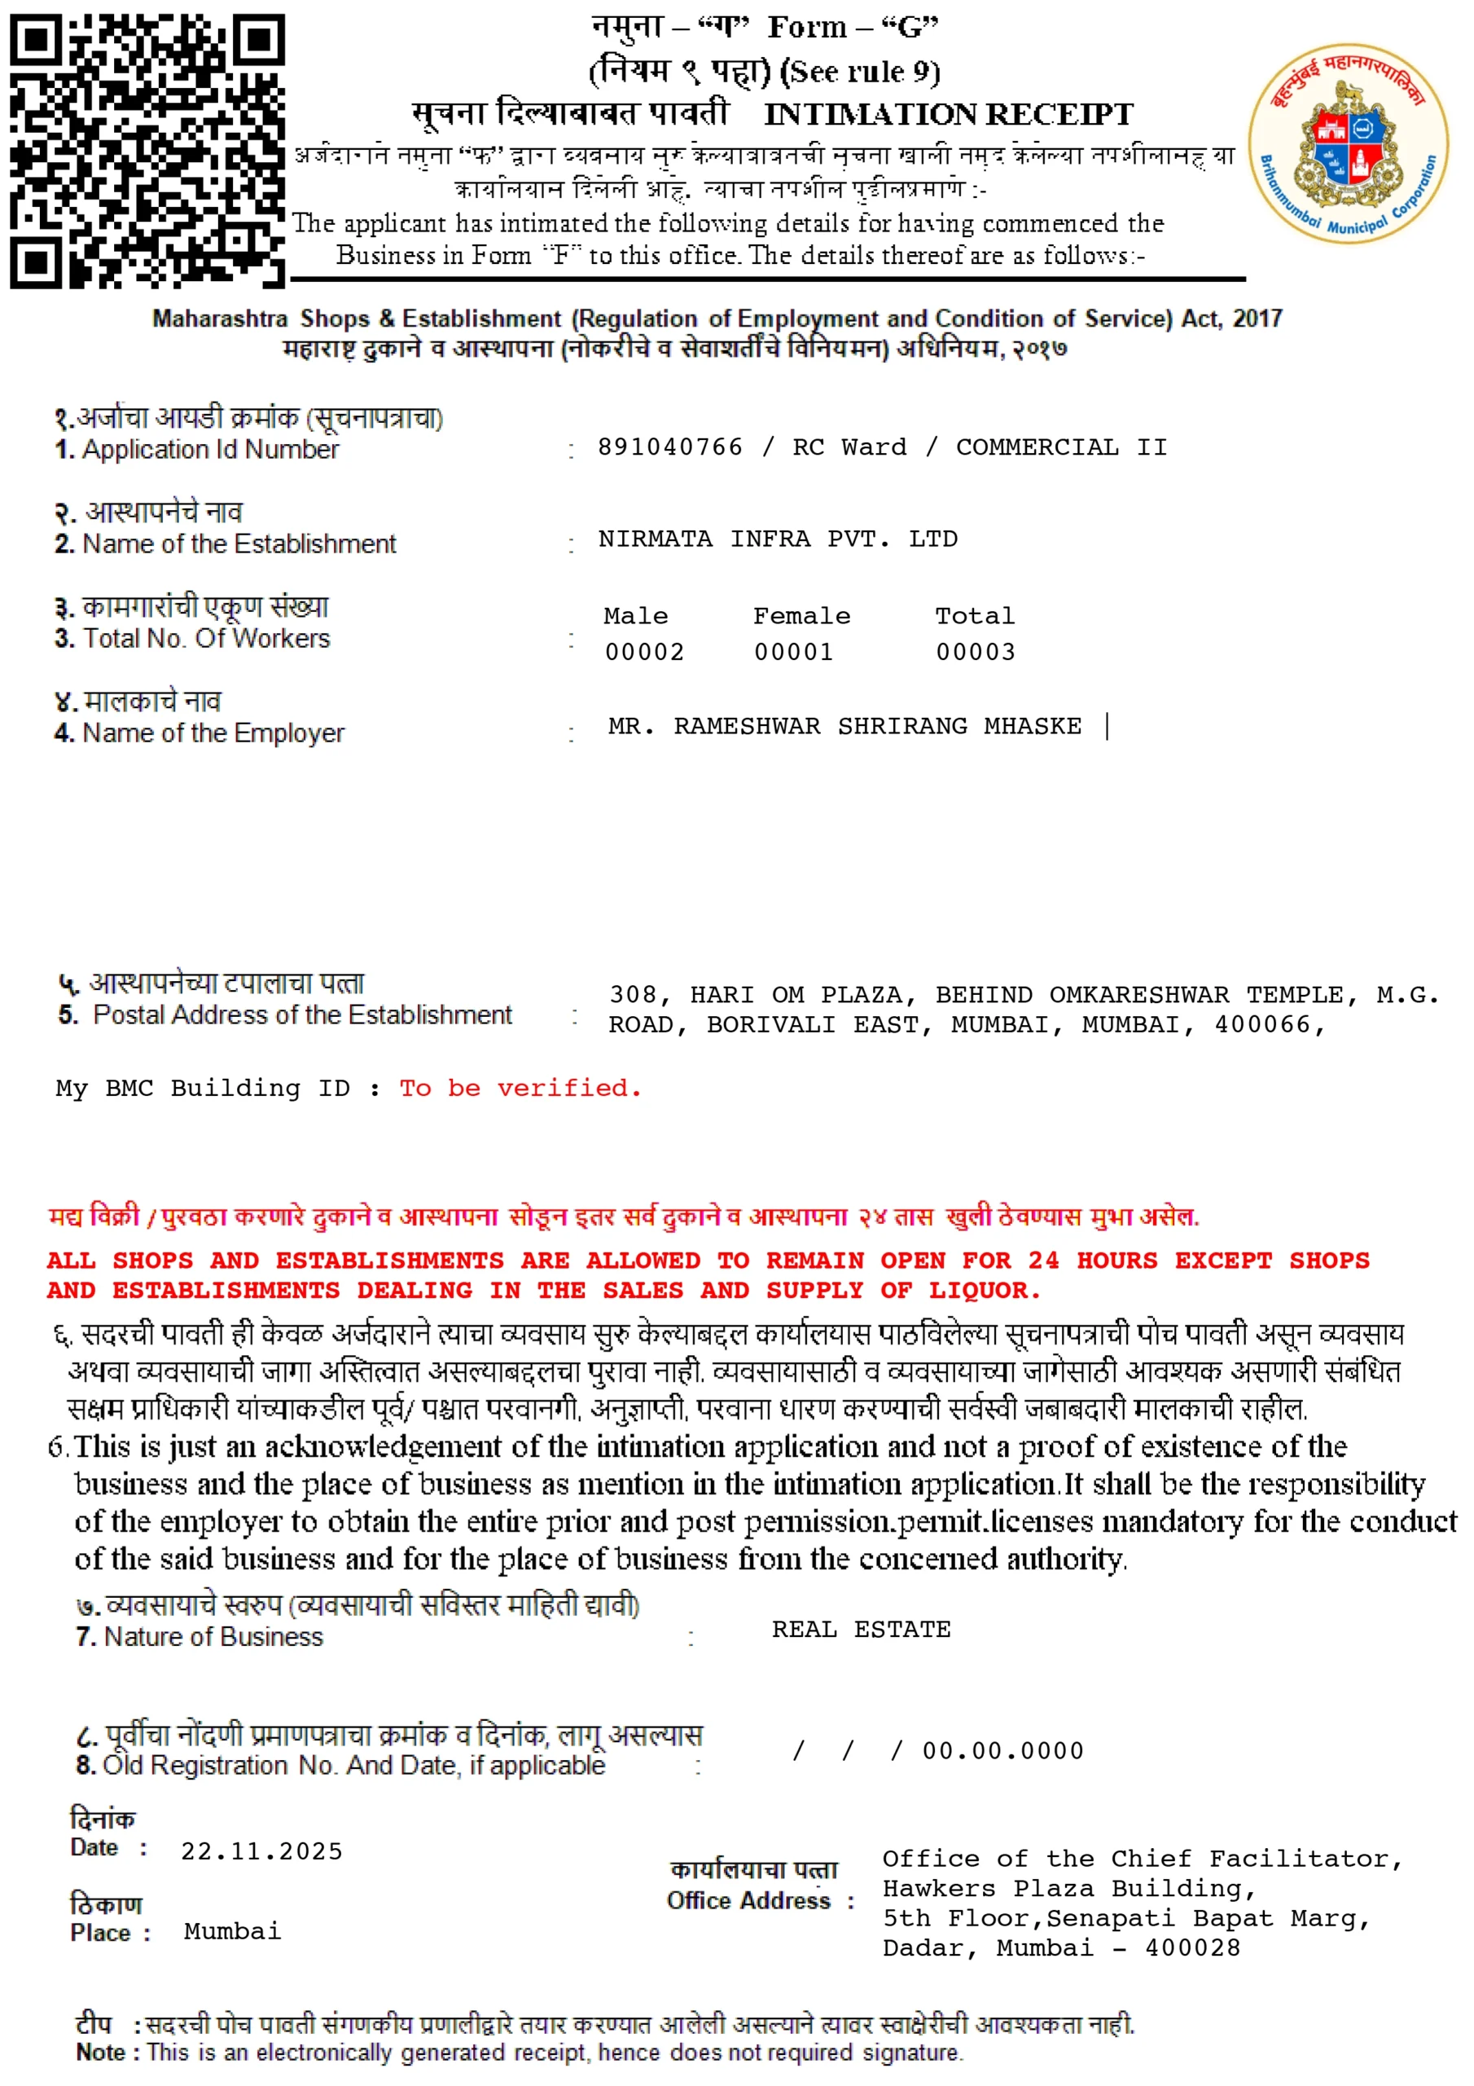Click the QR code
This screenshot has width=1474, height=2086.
tap(147, 151)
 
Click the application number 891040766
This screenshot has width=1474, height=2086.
tap(669, 447)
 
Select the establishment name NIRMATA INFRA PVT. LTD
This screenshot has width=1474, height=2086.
tap(778, 539)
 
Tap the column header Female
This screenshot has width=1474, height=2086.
tap(801, 616)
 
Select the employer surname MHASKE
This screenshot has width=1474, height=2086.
tap(1033, 726)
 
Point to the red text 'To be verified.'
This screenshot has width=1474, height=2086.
tap(520, 1088)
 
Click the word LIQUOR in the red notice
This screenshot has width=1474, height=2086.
tap(984, 1290)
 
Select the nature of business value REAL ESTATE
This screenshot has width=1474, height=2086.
tap(861, 1629)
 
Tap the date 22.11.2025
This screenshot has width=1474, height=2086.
tap(261, 1851)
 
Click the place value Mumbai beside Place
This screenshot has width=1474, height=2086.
tap(232, 1930)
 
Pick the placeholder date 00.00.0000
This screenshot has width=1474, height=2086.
tap(1002, 1751)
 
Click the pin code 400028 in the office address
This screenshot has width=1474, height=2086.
tap(1191, 1948)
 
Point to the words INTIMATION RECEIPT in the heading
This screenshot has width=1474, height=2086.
tap(948, 114)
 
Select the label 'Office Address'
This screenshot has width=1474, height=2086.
tap(748, 1901)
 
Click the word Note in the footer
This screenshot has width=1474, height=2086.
tap(101, 2053)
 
